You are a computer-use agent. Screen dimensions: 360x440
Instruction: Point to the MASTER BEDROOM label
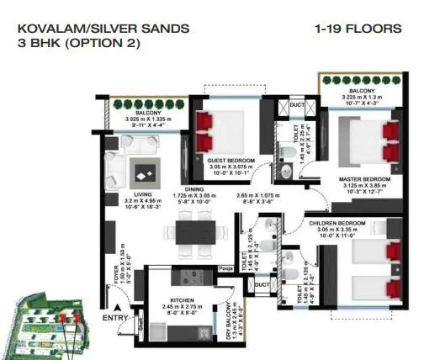click(363, 179)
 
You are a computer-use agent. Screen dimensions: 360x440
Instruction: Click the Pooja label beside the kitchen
click(225, 269)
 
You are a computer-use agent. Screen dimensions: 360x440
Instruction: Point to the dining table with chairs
click(195, 230)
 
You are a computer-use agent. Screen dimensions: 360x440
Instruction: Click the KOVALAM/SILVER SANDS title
click(103, 28)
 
